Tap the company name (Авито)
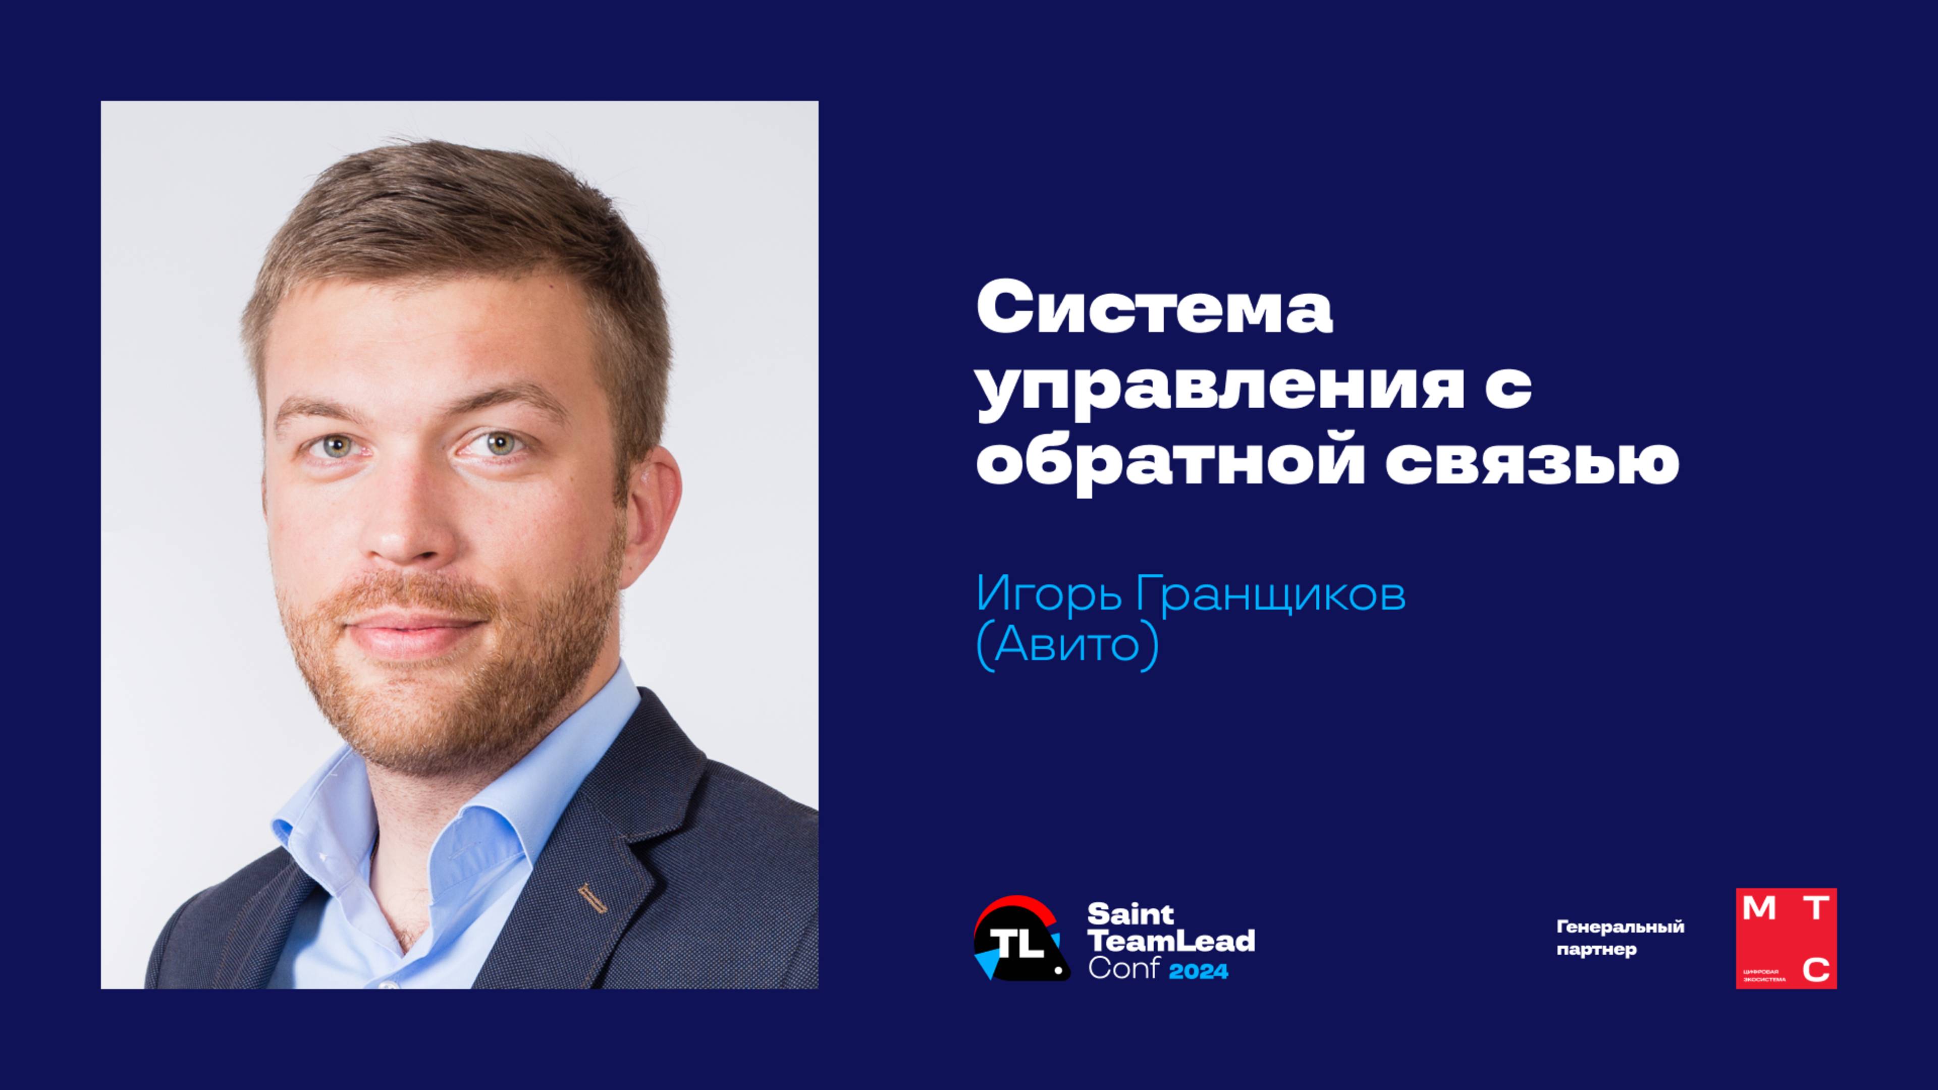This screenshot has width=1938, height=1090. [1067, 646]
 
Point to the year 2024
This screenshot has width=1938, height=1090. [1199, 971]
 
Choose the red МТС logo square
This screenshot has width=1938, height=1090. [1786, 938]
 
